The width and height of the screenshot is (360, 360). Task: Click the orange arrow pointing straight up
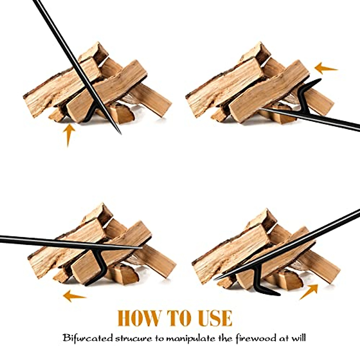69,134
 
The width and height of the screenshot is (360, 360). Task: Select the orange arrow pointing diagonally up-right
309,291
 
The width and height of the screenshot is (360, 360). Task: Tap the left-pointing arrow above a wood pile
325,68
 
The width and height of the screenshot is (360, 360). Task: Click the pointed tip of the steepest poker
120,133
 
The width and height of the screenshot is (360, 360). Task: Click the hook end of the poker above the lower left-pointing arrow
87,284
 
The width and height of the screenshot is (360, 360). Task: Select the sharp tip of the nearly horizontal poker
142,248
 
